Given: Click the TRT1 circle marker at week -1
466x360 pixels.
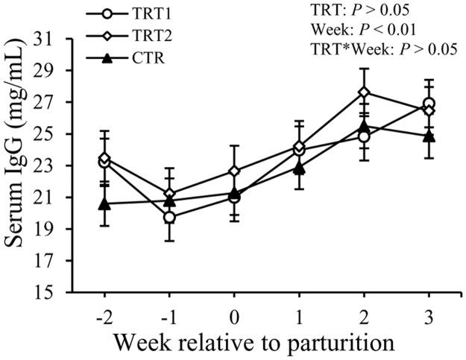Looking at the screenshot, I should (x=169, y=217).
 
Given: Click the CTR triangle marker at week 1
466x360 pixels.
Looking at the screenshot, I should (x=300, y=168).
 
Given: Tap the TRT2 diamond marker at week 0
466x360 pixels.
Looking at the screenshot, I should (x=234, y=171).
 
